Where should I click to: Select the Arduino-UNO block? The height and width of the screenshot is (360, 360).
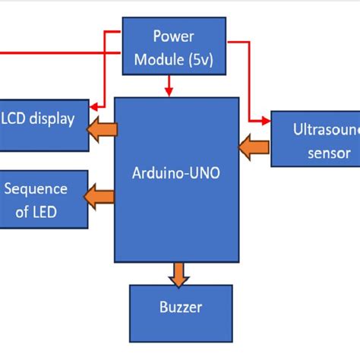tap(177, 179)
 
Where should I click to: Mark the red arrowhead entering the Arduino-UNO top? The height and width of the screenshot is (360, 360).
tap(169, 93)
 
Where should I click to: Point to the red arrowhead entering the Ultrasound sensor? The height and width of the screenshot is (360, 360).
tap(265, 119)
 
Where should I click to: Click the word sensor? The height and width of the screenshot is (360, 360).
tap(329, 153)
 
